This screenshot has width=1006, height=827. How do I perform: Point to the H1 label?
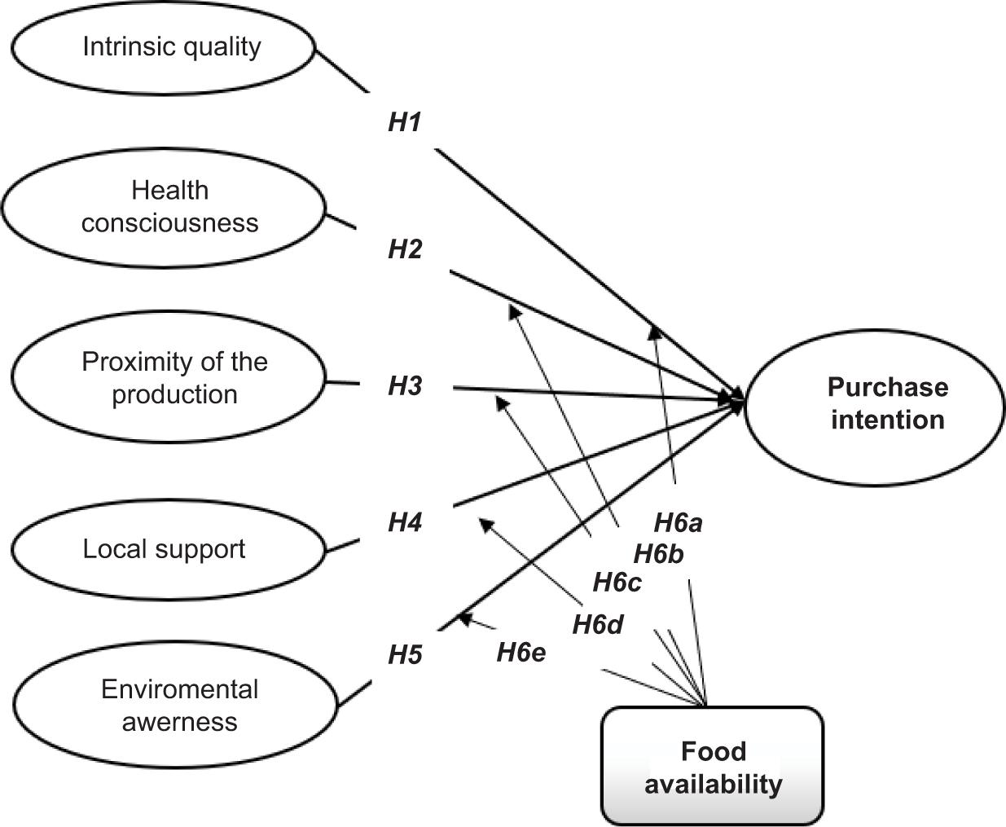(404, 123)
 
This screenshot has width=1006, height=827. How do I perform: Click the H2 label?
(405, 249)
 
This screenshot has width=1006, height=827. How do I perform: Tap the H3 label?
(405, 385)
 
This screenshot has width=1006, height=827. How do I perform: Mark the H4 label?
(405, 521)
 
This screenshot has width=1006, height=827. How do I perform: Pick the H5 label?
(405, 654)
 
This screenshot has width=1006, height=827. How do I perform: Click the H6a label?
(678, 522)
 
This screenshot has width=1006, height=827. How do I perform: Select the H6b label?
(658, 555)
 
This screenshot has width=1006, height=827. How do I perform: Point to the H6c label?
(617, 583)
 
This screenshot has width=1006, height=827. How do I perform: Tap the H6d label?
(597, 625)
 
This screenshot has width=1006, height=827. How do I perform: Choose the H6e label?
(521, 652)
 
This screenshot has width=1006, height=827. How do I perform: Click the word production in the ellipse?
(174, 394)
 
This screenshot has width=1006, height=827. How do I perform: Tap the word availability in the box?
(713, 784)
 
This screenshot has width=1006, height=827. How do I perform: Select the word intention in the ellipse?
(888, 420)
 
